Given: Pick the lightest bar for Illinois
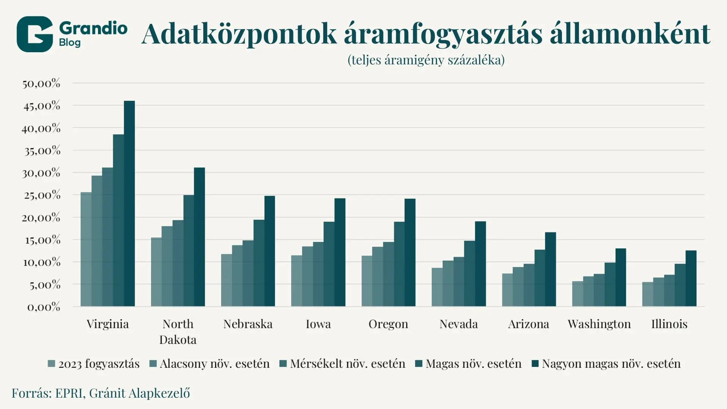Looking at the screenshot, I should (x=647, y=294).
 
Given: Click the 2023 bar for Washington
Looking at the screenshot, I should (x=577, y=294).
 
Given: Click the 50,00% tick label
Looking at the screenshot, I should (x=41, y=83).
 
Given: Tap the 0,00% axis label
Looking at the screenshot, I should (x=44, y=307).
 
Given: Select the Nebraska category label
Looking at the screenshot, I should (x=248, y=324).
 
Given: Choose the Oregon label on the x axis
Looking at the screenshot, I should (x=388, y=324).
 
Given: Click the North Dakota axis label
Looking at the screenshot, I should (x=178, y=332).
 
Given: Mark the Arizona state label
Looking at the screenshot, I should (x=528, y=324).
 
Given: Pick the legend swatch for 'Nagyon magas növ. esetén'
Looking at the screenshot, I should (x=535, y=364).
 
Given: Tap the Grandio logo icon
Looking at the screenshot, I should (x=34, y=34).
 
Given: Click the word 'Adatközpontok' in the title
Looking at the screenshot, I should (x=239, y=34).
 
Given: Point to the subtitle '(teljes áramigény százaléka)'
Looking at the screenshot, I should (x=426, y=60).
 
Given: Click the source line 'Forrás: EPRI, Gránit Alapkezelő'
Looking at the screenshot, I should (x=101, y=393).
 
